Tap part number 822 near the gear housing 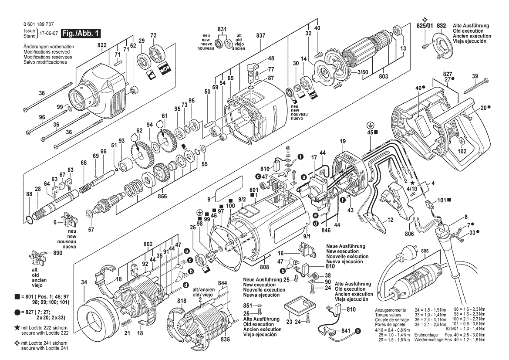[102, 44]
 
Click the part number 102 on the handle [462, 151]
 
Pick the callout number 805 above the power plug [425, 251]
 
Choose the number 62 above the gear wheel [139, 130]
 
